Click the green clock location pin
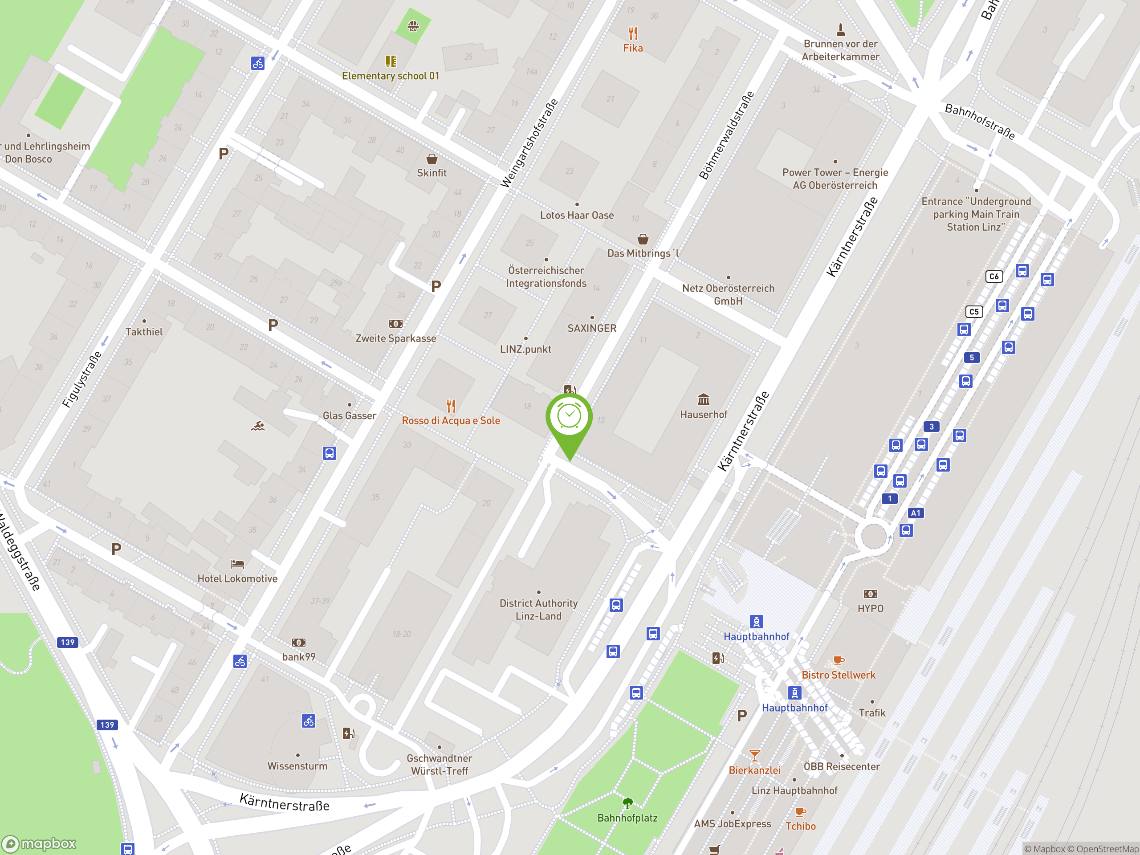click(x=569, y=416)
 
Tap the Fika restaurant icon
click(x=633, y=33)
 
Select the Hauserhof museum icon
click(x=704, y=399)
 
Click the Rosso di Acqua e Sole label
click(x=451, y=420)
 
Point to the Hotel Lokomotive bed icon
click(x=237, y=564)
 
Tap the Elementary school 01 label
click(x=391, y=76)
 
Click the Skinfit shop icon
click(x=432, y=159)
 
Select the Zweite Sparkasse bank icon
click(x=395, y=324)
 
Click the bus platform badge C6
click(x=994, y=276)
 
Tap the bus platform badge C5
click(x=974, y=312)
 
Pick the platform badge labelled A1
click(x=915, y=513)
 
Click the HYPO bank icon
click(x=871, y=594)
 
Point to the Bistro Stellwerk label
click(x=839, y=675)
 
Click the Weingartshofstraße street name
click(x=530, y=143)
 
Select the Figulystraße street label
click(x=82, y=380)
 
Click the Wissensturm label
click(x=297, y=766)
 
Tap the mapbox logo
click(x=40, y=844)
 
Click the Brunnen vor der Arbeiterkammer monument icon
click(x=841, y=29)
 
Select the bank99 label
click(x=299, y=656)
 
